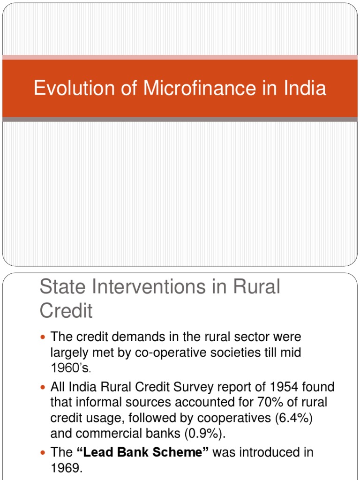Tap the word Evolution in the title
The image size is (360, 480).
point(67,89)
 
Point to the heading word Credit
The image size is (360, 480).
point(66,310)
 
